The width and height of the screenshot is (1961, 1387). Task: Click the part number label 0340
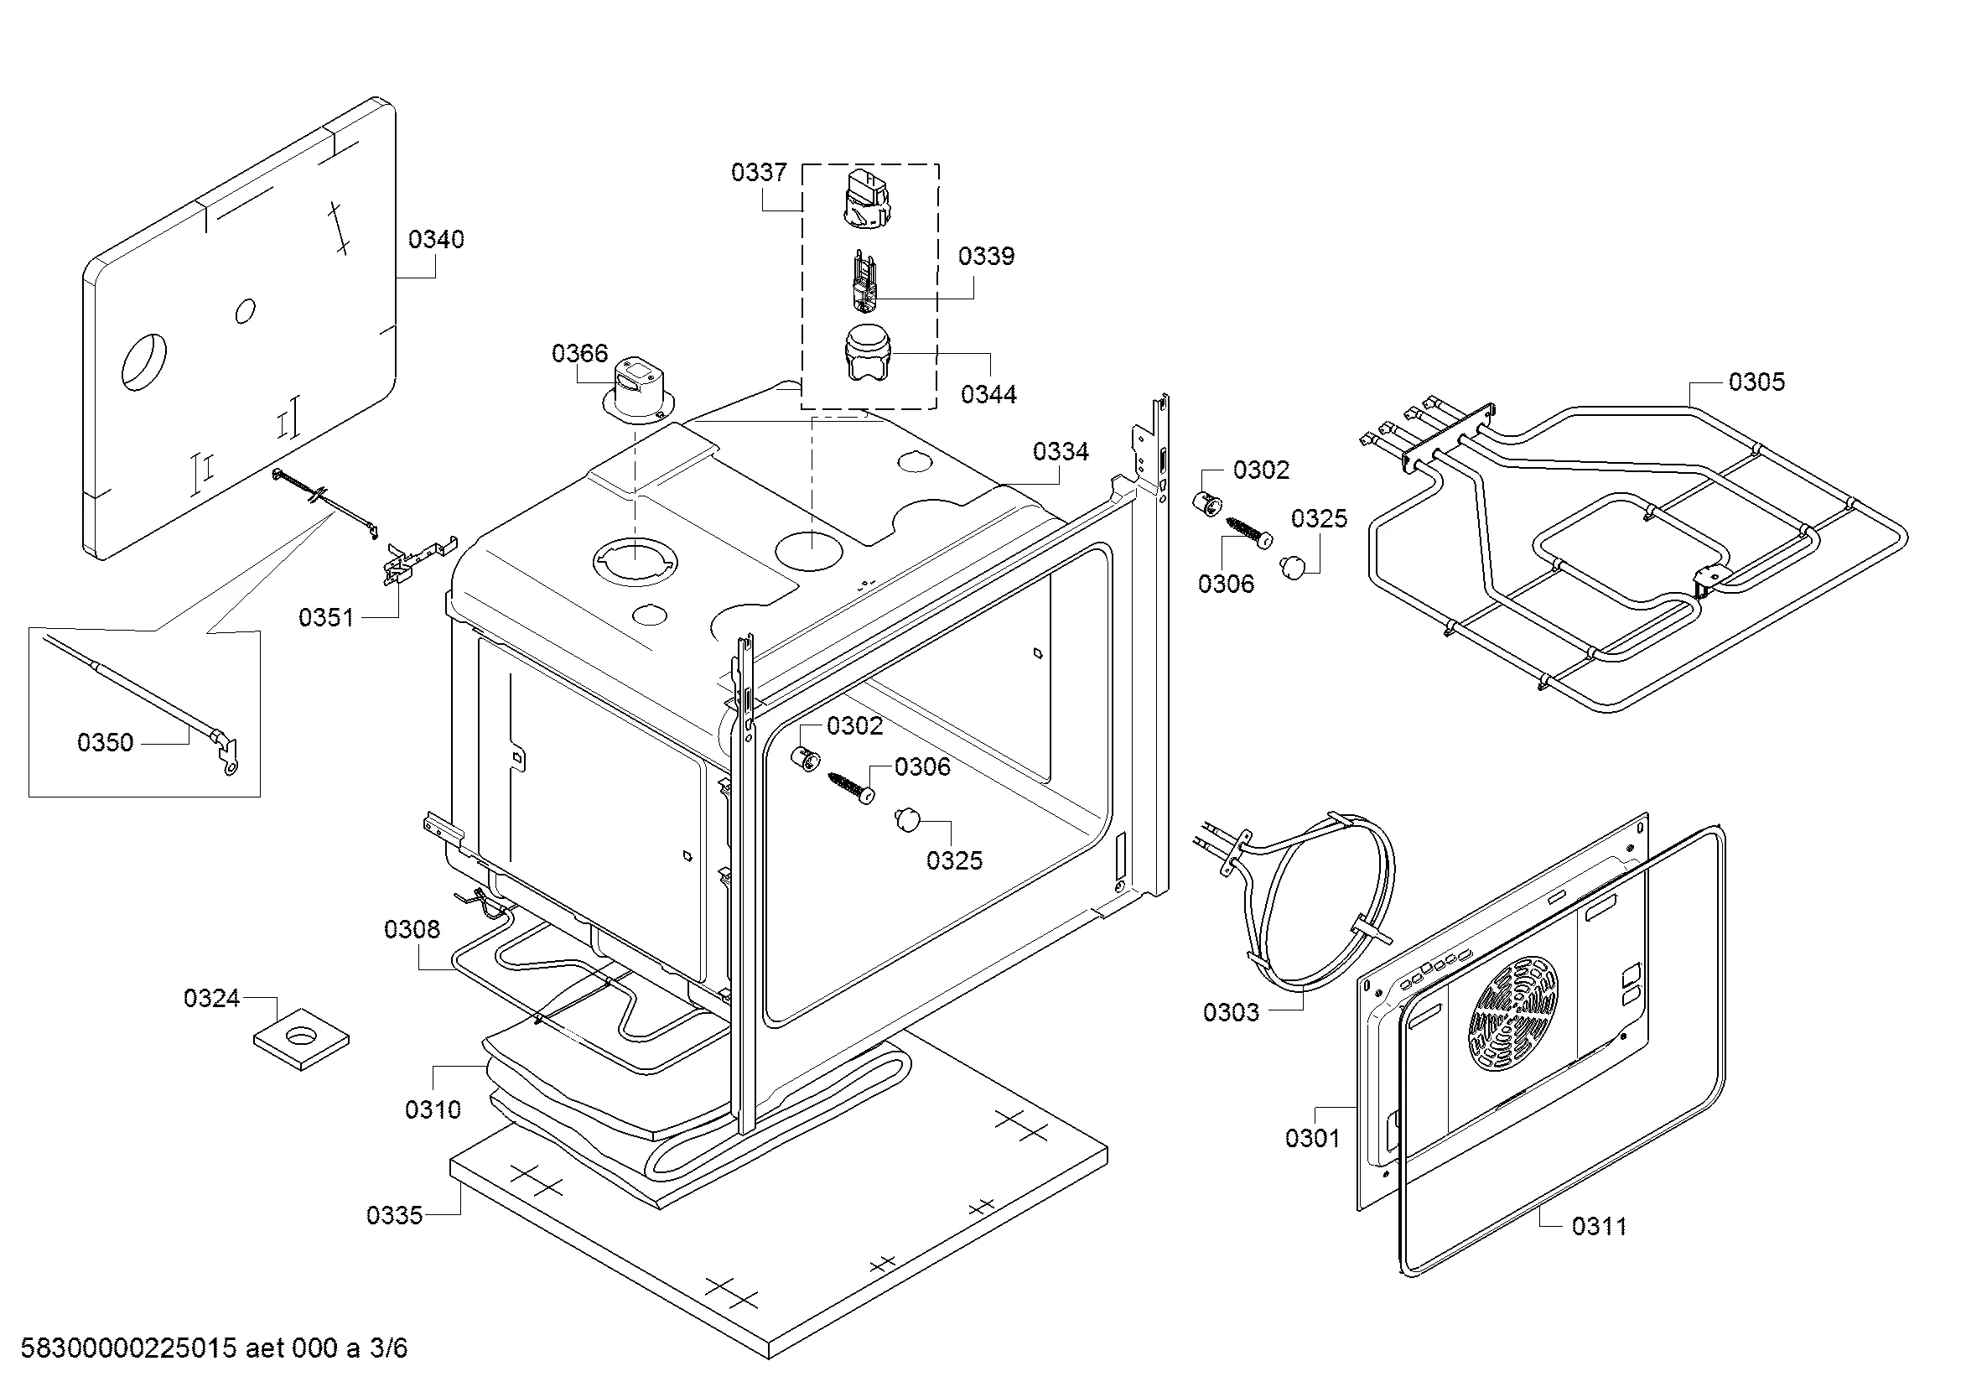(x=436, y=239)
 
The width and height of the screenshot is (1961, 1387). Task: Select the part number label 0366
(x=579, y=353)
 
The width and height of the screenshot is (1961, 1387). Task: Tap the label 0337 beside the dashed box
(x=759, y=173)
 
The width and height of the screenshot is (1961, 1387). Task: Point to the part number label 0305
(x=1756, y=382)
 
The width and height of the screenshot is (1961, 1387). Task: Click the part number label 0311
(x=1599, y=1227)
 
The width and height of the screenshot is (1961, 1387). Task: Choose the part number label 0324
(x=211, y=998)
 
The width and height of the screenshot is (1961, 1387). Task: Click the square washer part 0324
(x=301, y=1037)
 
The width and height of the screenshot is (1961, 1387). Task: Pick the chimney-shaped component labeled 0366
(x=636, y=389)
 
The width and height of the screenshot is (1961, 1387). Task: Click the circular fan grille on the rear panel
(x=1512, y=1014)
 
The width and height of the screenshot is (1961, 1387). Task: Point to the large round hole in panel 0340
(x=143, y=361)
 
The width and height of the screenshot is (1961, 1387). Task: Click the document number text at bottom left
(x=214, y=1348)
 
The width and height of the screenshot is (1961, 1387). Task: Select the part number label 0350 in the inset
(x=105, y=742)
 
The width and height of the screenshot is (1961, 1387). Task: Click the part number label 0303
(x=1231, y=1012)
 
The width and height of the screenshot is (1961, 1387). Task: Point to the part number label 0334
(x=1060, y=451)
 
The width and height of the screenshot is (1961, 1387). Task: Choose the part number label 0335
(x=394, y=1214)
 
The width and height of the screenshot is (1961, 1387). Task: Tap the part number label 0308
(x=412, y=929)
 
